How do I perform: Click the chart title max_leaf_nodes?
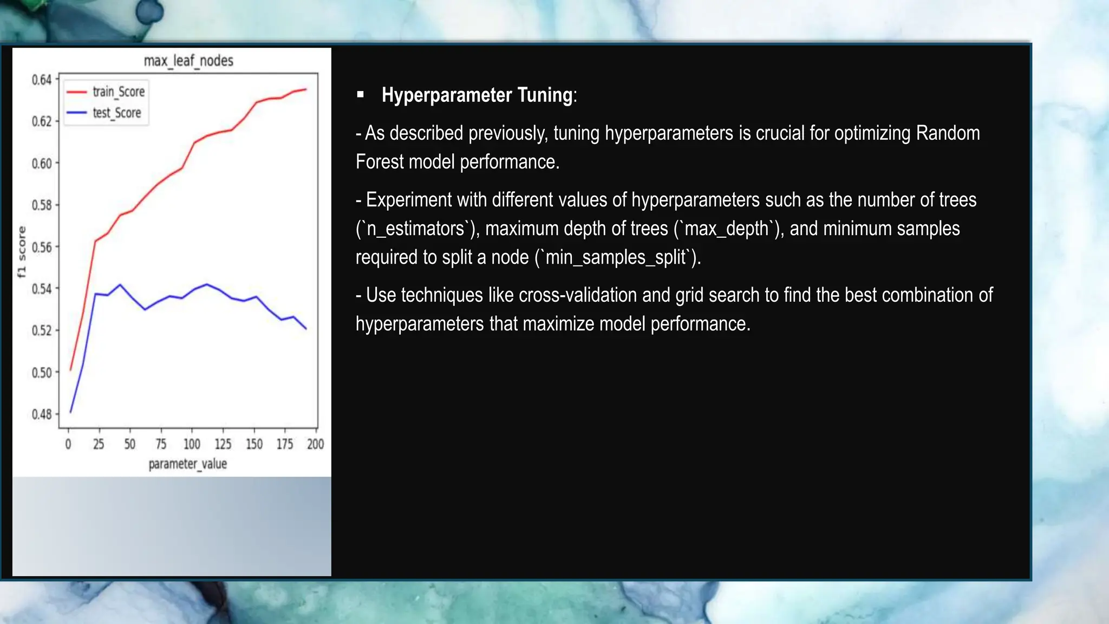[x=188, y=61]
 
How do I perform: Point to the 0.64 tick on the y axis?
[x=42, y=80]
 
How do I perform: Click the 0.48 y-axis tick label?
[x=42, y=414]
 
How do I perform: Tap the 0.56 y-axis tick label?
[x=42, y=248]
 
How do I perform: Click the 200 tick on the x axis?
[x=315, y=444]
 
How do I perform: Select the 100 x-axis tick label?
[x=192, y=444]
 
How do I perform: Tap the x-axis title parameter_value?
[x=187, y=464]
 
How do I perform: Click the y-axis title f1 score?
[x=22, y=252]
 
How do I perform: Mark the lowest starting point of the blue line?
[x=71, y=412]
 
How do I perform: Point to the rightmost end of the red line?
[x=306, y=89]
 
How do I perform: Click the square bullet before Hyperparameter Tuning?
[x=361, y=95]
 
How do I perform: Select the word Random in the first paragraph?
[x=948, y=133]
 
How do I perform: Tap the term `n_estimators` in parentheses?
[x=415, y=229]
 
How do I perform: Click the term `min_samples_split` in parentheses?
[x=618, y=257]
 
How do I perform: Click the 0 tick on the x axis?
[x=68, y=444]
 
